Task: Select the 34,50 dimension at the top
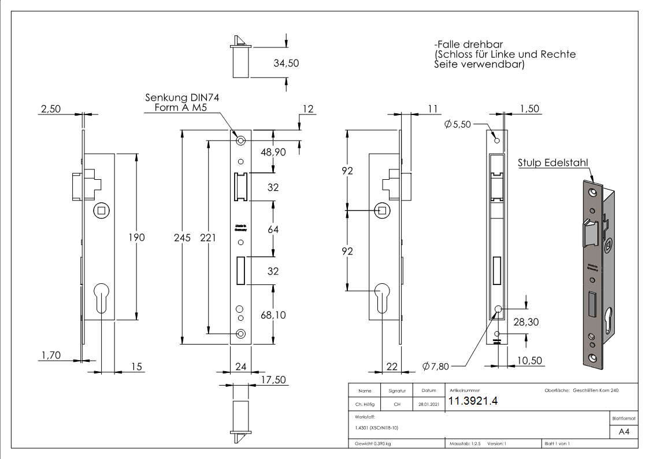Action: [286, 64]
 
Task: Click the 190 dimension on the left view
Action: [136, 237]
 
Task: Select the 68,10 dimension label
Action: [274, 315]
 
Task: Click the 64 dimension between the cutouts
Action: [273, 229]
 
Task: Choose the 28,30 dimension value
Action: [526, 322]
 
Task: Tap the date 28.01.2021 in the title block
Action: [428, 404]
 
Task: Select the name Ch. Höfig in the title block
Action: [365, 404]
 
